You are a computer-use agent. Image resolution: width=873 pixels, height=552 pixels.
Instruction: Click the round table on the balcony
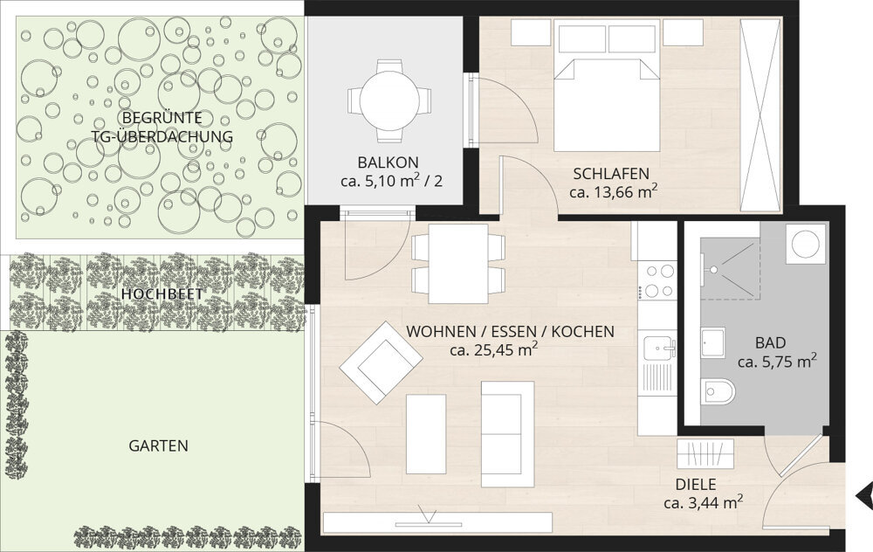(389, 100)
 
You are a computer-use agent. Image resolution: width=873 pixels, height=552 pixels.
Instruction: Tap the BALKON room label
(388, 162)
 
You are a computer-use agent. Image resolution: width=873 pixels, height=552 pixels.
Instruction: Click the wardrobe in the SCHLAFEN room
(760, 114)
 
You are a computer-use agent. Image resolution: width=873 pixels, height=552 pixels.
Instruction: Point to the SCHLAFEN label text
(611, 174)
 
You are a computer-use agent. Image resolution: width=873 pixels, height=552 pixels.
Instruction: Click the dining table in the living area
(458, 263)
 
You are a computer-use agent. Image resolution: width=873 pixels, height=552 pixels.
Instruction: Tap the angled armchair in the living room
(381, 362)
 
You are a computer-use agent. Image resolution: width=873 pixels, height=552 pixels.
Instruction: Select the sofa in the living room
(507, 433)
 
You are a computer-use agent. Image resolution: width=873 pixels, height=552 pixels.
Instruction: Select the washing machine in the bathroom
(805, 244)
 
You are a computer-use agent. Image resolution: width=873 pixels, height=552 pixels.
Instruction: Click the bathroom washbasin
(712, 342)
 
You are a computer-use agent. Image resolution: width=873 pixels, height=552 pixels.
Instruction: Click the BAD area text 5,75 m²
(777, 361)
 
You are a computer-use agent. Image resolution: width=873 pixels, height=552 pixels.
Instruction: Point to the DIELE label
(696, 485)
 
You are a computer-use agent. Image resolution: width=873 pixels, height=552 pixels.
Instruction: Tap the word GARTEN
(159, 446)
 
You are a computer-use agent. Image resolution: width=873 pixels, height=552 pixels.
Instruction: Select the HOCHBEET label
(162, 294)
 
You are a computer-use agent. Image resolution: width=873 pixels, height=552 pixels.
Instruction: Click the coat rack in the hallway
(705, 453)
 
